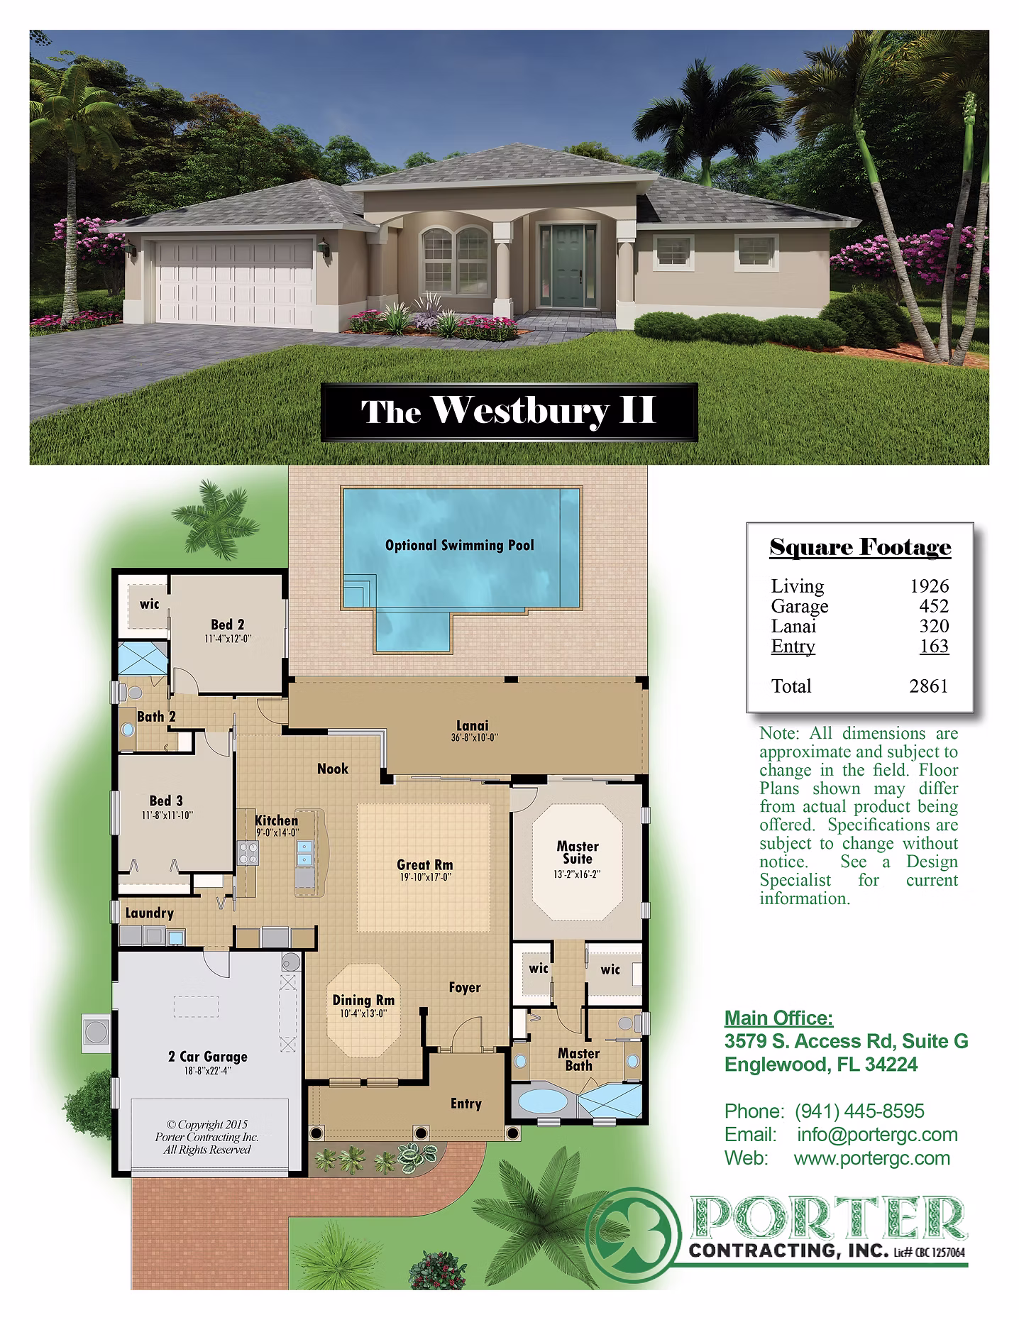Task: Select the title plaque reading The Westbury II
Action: click(x=509, y=412)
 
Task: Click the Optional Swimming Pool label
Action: click(x=459, y=546)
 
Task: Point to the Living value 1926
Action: click(x=930, y=586)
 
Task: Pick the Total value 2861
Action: click(x=929, y=686)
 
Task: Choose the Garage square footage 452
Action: click(x=934, y=606)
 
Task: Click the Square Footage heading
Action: click(x=860, y=547)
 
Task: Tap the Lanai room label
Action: click(x=473, y=725)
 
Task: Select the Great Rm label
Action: click(x=424, y=864)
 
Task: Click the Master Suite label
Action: click(x=578, y=852)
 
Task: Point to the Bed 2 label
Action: click(x=228, y=625)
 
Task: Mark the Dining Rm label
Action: click(x=363, y=1001)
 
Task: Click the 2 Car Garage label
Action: click(x=208, y=1057)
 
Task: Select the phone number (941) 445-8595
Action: click(x=859, y=1111)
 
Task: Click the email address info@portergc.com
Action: click(x=877, y=1135)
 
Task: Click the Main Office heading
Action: click(x=779, y=1019)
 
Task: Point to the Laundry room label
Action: click(x=149, y=913)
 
